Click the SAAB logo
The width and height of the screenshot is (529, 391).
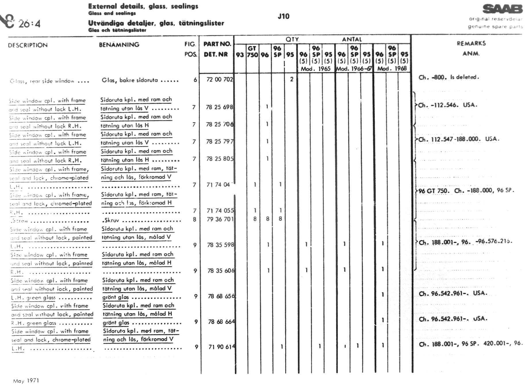pos(502,9)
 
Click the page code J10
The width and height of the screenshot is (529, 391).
pos(283,16)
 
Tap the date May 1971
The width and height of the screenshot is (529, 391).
pos(26,381)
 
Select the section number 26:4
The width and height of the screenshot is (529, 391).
pos(29,24)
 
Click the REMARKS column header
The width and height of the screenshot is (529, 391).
pos(471,43)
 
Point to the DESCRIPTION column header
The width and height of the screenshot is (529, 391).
pos(28,45)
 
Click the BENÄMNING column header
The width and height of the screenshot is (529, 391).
pos(119,45)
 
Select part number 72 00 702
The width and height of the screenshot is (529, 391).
pos(220,79)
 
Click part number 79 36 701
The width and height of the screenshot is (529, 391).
pos(220,219)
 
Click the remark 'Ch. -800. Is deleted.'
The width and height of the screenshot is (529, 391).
pos(448,77)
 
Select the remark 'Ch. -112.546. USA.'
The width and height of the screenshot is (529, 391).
pos(447,105)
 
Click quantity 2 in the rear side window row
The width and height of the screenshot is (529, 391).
pos(292,79)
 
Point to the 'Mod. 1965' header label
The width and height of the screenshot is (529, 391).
pos(315,69)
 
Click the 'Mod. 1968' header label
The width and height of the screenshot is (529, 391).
pos(392,68)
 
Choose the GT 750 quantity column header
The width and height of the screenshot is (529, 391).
pos(252,51)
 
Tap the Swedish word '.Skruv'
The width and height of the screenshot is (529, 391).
pos(110,220)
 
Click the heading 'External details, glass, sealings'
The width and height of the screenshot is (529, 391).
pos(143,6)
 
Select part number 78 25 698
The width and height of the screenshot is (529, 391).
pos(219,107)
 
